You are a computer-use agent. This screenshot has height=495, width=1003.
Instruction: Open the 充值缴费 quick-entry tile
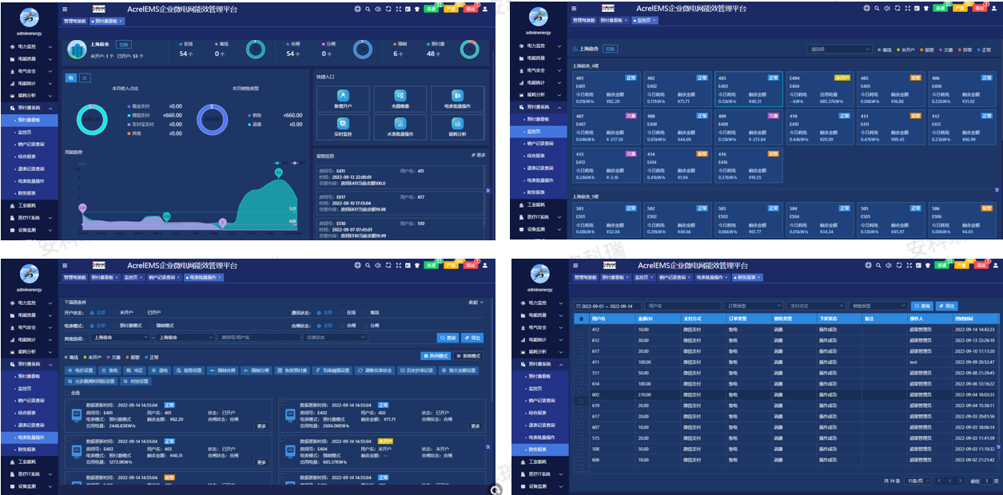(x=400, y=99)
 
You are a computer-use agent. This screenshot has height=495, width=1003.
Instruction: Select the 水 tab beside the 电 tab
(x=85, y=77)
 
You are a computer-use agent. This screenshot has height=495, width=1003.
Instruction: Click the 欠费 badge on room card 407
(x=631, y=116)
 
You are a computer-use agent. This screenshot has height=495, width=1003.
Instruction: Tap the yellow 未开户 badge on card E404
(x=842, y=78)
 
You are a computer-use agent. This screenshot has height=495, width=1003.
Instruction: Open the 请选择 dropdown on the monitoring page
(x=838, y=49)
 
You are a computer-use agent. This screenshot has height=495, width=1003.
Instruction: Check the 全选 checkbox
(x=68, y=394)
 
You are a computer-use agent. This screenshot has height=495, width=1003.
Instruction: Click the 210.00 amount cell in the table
(x=644, y=394)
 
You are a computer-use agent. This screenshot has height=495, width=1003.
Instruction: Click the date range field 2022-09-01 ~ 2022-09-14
(x=607, y=306)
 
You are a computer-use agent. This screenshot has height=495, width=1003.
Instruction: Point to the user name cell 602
(x=595, y=394)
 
